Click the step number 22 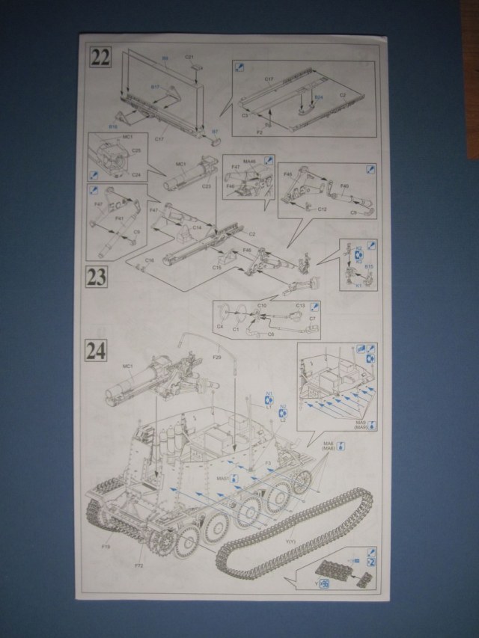point(100,56)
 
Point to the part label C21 point(189,57)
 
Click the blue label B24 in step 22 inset point(319,97)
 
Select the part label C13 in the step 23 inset point(300,305)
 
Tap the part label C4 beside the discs point(220,327)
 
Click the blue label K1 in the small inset point(358,285)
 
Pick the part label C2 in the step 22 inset point(342,95)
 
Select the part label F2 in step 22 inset point(259,131)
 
